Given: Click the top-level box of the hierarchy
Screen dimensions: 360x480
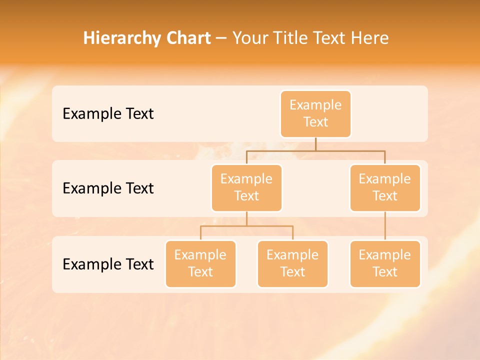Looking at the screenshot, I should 315,114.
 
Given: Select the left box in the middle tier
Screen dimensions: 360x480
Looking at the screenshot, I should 246,188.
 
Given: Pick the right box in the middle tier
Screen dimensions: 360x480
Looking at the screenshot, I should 385,188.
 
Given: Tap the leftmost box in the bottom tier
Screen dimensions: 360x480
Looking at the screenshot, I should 200,264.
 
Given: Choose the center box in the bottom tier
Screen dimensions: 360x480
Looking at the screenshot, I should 292,264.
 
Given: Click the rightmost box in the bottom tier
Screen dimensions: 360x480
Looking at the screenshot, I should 385,264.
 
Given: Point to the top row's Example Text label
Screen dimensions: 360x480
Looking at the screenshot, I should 108,114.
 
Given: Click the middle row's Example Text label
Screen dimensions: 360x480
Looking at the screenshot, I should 108,188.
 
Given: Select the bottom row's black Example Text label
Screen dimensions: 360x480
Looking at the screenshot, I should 108,264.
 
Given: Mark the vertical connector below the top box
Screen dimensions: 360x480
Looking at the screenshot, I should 315,144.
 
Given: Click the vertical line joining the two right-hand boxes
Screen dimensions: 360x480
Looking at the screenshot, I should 385,226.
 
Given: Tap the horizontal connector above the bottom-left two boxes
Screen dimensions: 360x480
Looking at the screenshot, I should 246,226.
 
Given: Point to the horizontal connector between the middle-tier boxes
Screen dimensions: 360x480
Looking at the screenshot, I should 315,150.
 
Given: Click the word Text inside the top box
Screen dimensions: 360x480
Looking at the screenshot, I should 315,122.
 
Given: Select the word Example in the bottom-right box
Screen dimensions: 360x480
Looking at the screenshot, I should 385,255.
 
